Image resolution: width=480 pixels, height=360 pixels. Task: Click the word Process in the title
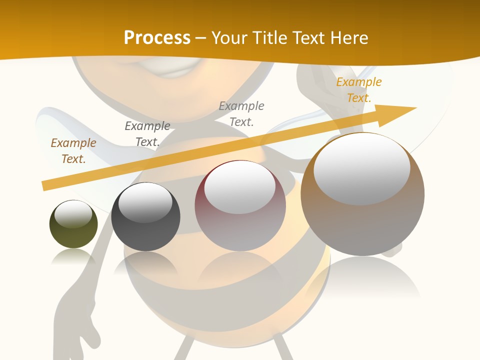point(157,37)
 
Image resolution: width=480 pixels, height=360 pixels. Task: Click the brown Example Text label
point(73,151)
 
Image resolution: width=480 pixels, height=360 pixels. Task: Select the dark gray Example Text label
point(147,134)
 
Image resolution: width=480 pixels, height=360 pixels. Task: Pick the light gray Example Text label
point(241,114)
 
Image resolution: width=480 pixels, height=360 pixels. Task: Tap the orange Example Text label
point(358,90)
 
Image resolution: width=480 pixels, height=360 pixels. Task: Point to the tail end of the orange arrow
point(45,186)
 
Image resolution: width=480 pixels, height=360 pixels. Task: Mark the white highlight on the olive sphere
point(73,214)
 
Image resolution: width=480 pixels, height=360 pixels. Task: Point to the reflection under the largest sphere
point(362,277)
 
